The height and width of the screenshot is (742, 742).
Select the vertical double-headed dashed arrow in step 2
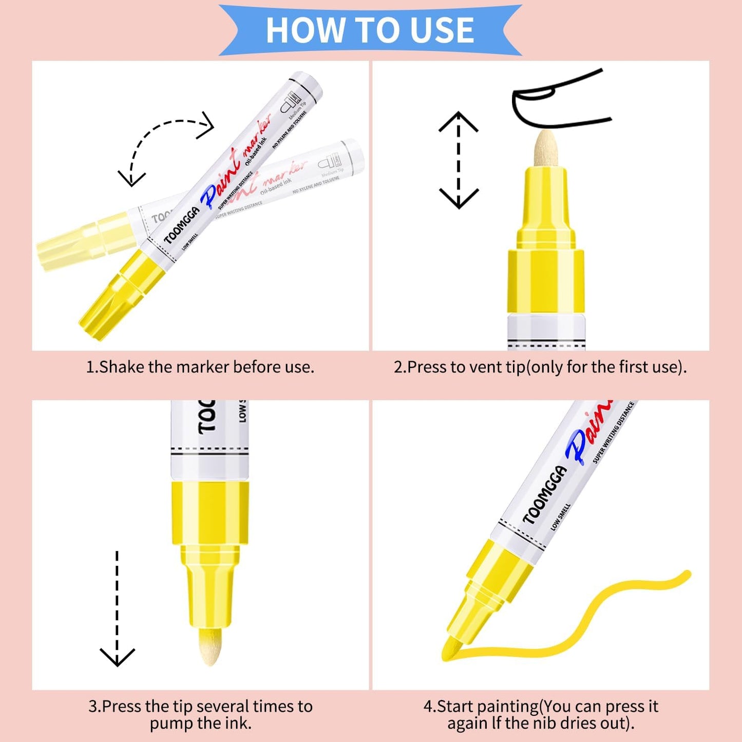tap(459, 160)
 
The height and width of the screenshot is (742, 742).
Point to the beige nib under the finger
tap(545, 149)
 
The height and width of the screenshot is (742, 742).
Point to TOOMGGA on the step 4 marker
tap(544, 496)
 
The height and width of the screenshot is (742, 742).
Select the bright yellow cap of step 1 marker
tap(118, 295)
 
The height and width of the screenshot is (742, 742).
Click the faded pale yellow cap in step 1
tap(82, 241)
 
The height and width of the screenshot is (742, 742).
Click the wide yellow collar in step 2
tap(546, 281)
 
